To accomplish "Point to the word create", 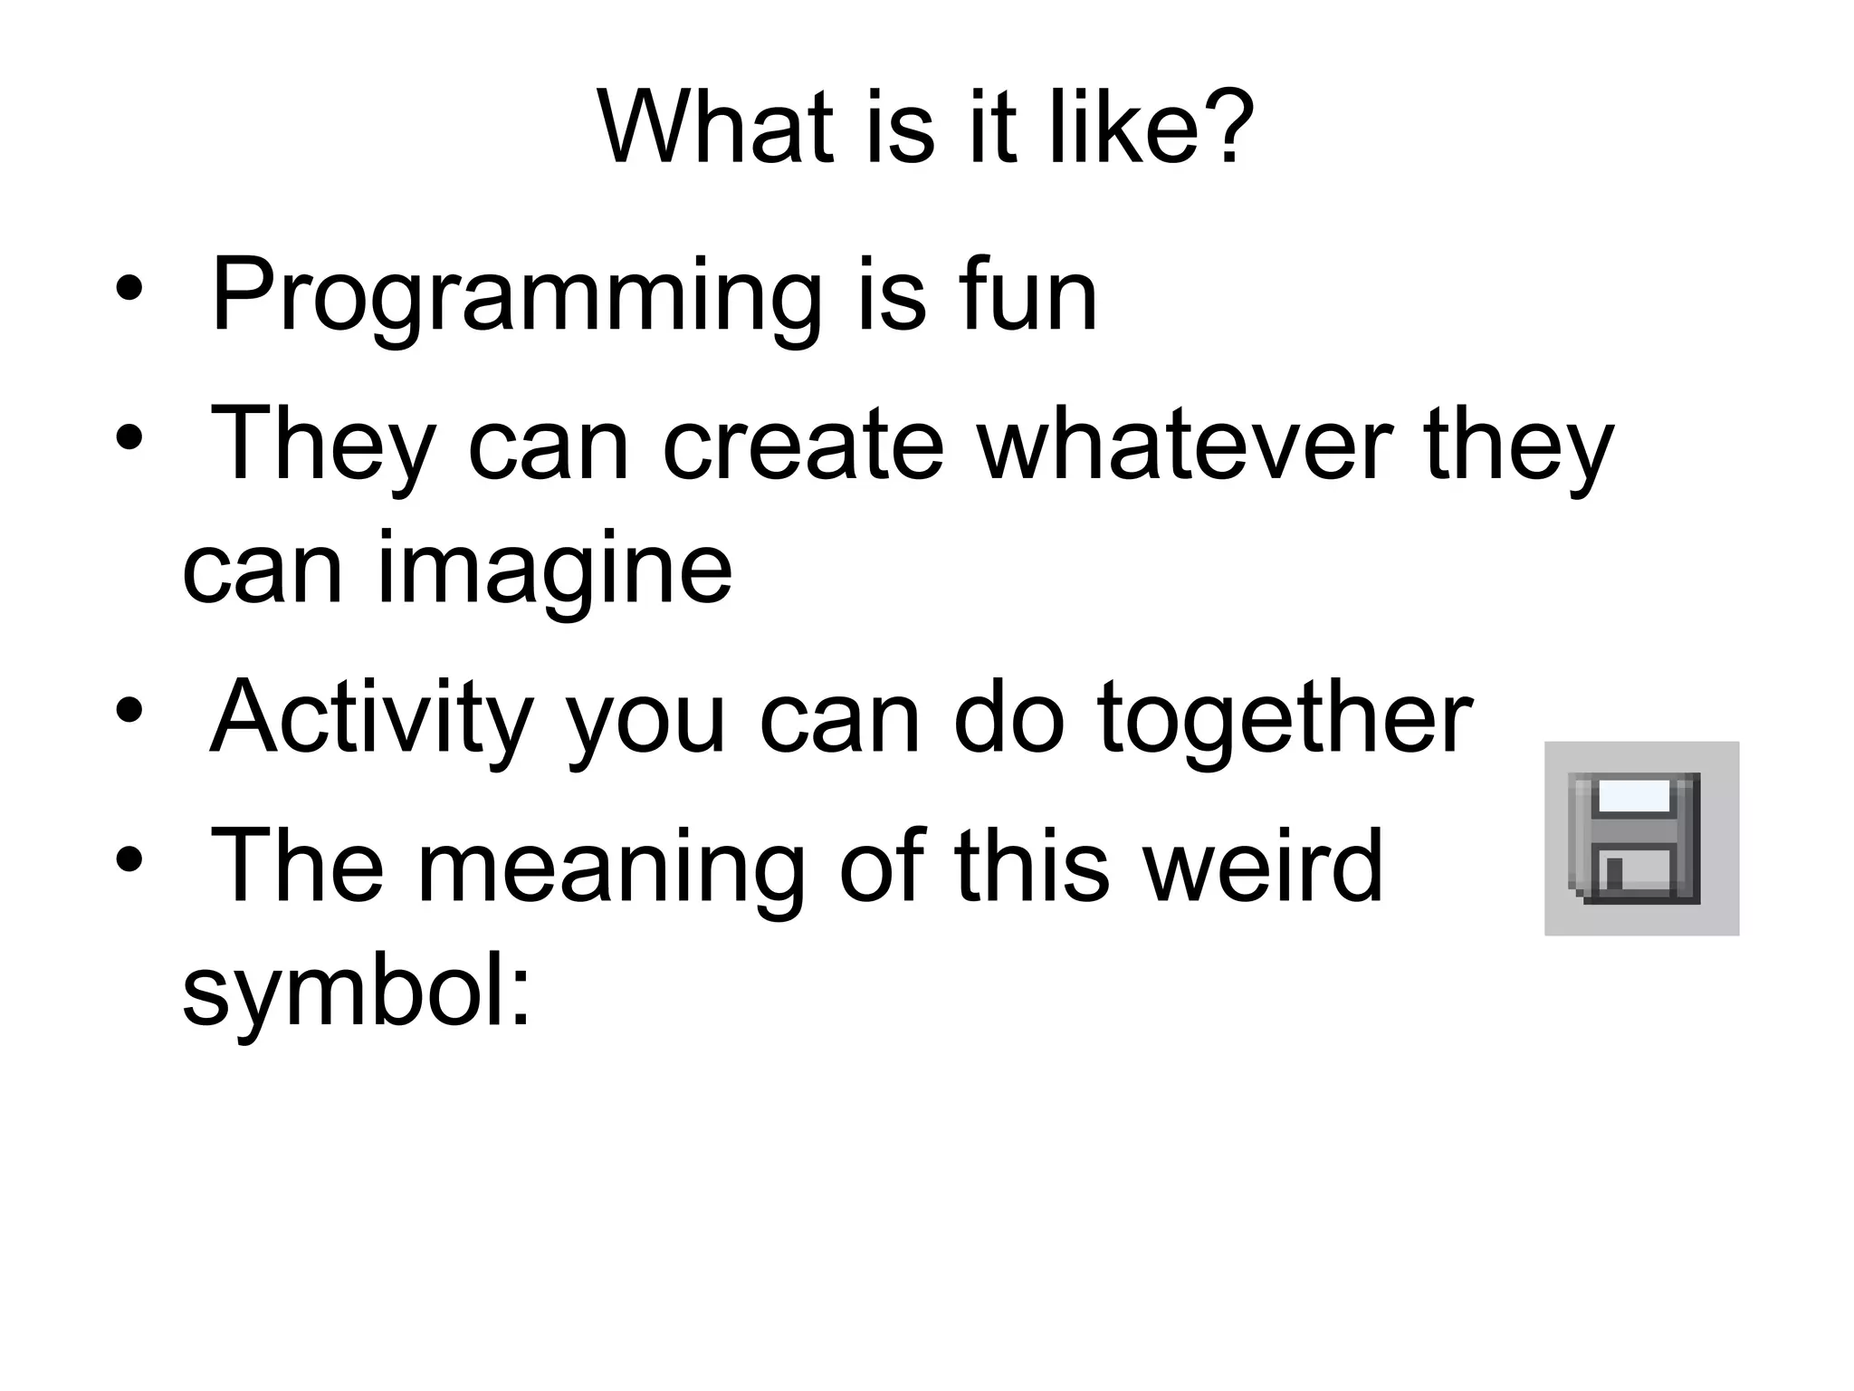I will pos(804,444).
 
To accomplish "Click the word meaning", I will pos(611,868).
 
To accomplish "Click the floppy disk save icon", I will pos(1640,838).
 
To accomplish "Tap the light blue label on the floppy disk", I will pos(1634,796).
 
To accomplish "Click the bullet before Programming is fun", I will pos(129,289).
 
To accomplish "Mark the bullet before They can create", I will pos(129,437).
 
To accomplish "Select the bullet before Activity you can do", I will pos(129,711).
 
